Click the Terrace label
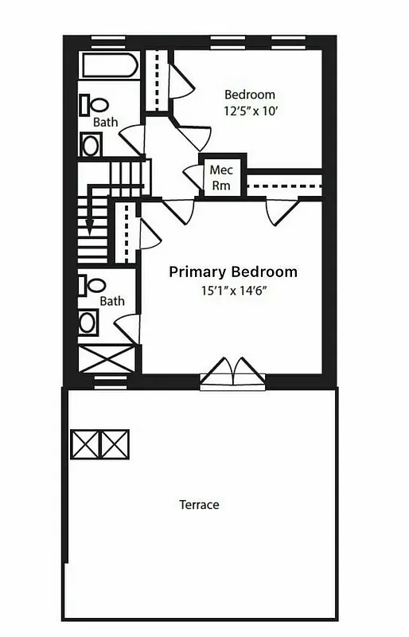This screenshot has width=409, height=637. pos(199,505)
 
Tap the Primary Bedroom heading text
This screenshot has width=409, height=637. pos(233,272)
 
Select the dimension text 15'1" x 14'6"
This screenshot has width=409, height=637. pos(233,291)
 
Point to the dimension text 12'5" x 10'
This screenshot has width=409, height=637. pos(249,111)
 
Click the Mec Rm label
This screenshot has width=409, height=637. pos(220,177)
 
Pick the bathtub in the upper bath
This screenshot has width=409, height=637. pos(110,64)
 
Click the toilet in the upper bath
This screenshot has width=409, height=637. pos(95,104)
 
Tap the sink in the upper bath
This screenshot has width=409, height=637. pos(91,145)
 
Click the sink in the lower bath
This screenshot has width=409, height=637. pos(89,322)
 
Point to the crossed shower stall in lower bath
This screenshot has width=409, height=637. pos(107,358)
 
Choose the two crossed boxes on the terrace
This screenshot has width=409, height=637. pos(100,444)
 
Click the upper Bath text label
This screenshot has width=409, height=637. pos(106,123)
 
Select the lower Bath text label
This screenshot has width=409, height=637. pos(112,301)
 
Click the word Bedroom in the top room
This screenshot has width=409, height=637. pos(249,94)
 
